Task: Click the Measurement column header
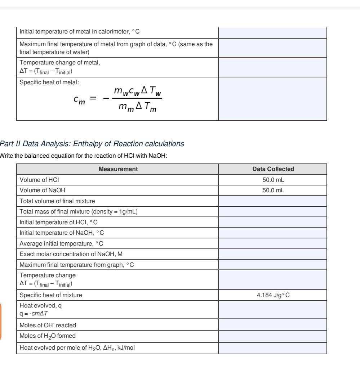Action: [x=117, y=169]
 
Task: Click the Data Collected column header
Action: [x=272, y=169]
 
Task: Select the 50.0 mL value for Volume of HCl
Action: [x=272, y=177]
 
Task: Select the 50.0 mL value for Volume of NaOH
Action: [x=272, y=185]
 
